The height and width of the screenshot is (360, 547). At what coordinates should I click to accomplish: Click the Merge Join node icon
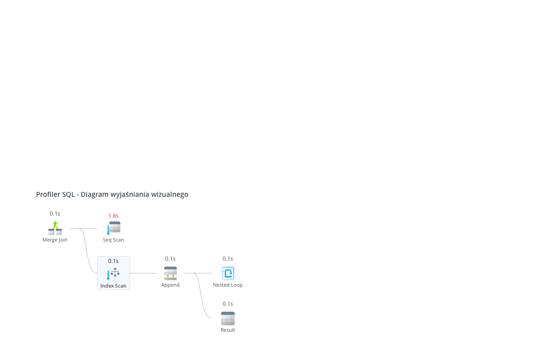(55, 228)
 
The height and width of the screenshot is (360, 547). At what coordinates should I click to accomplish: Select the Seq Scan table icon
(114, 228)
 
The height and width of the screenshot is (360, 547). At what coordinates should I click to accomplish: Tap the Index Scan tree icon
(114, 273)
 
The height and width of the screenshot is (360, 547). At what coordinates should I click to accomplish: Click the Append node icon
(170, 273)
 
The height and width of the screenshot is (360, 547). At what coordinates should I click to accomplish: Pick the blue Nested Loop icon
(228, 273)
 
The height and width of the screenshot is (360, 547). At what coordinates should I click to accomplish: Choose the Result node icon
(228, 318)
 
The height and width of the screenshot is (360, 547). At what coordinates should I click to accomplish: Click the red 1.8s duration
(114, 216)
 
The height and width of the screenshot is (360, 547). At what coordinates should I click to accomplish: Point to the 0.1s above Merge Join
(55, 214)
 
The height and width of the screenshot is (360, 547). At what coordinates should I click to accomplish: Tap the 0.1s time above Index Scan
(114, 261)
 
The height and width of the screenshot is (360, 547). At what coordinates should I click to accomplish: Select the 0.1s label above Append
(170, 258)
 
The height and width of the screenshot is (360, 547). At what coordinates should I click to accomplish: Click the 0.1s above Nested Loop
(227, 258)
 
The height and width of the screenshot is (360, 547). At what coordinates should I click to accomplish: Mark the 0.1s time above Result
(227, 303)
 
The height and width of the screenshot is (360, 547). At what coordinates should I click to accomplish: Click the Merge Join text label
(55, 240)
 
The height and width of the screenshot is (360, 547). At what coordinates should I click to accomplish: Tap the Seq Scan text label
(114, 240)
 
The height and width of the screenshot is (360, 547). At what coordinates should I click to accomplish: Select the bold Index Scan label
(114, 286)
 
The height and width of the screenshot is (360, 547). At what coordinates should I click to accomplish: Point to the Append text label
(170, 285)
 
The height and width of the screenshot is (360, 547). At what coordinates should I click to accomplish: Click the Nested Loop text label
(228, 285)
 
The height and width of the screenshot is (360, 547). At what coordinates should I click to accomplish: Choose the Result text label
(228, 330)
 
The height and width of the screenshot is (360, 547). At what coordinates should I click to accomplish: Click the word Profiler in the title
(48, 194)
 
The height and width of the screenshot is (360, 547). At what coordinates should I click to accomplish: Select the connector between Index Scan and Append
(143, 273)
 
